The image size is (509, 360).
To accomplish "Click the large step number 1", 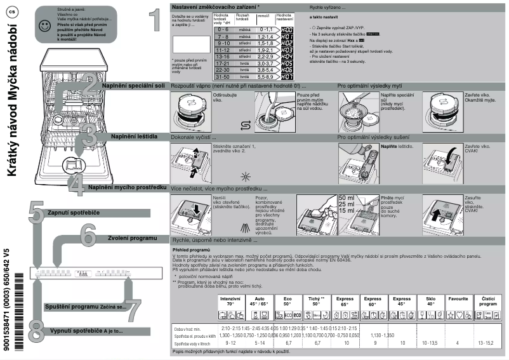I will pos(154,20).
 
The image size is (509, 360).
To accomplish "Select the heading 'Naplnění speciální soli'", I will pos(134,85).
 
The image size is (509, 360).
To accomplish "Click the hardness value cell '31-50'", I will pos(223,76).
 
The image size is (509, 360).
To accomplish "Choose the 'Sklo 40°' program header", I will pos(430,301).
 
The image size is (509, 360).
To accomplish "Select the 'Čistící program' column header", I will pos(489,301).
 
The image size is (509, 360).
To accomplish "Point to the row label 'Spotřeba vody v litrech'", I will pos(193,343).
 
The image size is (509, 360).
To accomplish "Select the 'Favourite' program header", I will pos(458,298).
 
